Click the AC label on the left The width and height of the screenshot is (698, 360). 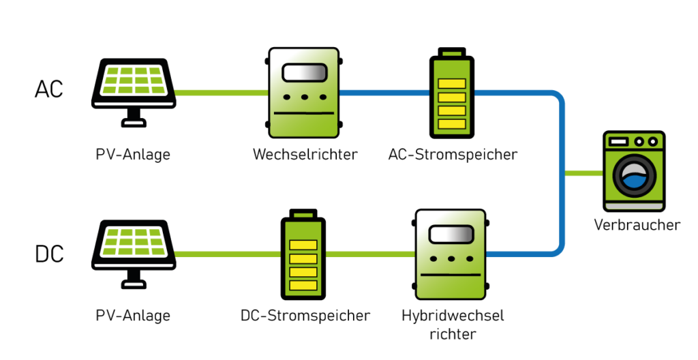point(48,89)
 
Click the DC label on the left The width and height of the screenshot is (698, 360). point(48,254)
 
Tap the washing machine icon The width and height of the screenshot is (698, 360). point(633,170)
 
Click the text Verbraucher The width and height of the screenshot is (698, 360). point(637,224)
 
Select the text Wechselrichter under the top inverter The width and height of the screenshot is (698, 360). point(305,155)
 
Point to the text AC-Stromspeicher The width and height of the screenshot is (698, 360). point(453,155)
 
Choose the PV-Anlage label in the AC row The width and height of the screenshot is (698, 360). point(133,155)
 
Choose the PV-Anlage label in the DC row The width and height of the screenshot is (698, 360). point(133,316)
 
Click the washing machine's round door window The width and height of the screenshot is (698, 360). point(633,177)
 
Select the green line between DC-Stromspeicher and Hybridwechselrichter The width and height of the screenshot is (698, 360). point(369,254)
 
